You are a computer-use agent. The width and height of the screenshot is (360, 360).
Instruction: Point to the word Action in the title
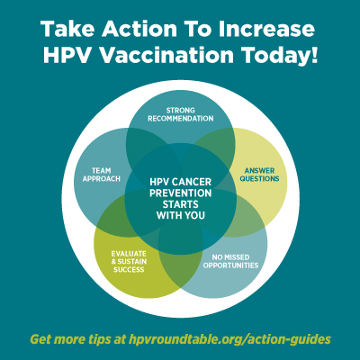click(x=134, y=26)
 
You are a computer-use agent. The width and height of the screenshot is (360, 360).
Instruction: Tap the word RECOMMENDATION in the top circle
click(x=180, y=118)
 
